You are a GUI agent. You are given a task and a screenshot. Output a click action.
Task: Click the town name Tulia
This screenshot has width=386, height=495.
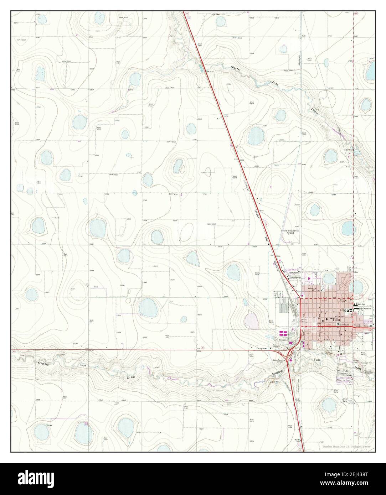coord(335,320)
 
